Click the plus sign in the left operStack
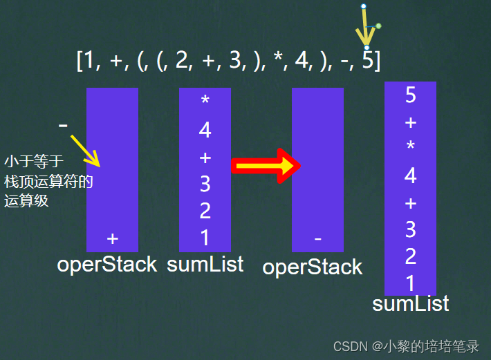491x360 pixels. pos(113,238)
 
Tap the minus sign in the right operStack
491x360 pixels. pos(317,239)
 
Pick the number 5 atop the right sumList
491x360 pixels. pos(410,96)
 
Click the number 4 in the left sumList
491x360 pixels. pos(205,130)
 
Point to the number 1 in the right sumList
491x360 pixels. pos(410,283)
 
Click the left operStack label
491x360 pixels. pos(107,264)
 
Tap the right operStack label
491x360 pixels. pos(313,267)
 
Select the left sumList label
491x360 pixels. pos(205,263)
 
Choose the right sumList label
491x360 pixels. pos(411,304)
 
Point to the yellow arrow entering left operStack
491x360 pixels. pos(86,151)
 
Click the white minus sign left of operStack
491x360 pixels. pos(63,126)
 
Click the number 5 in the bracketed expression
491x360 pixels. pos(368,61)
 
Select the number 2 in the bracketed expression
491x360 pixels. pos(182,61)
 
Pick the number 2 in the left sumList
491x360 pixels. pos(205,211)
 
